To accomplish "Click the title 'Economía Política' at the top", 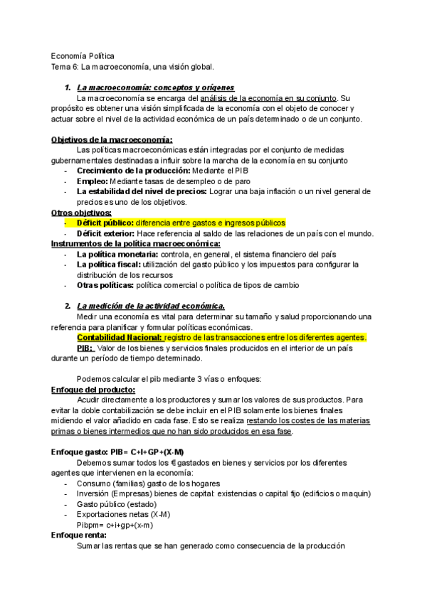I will tap(83, 55).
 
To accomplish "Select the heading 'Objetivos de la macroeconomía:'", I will tap(112, 140).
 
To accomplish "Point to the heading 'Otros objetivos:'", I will tap(81, 213).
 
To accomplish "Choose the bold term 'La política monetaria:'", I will tap(117, 254).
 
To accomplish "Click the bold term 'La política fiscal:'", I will tap(110, 265).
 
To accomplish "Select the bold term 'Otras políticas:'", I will tap(105, 285).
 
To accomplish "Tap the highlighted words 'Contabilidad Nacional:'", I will tap(120, 337).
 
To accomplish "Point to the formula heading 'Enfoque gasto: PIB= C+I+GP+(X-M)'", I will tap(117, 452).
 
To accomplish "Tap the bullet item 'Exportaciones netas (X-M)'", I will tap(123, 514).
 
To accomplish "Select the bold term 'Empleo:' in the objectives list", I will tap(93, 181).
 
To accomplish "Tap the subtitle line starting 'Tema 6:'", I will tap(132, 66).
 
